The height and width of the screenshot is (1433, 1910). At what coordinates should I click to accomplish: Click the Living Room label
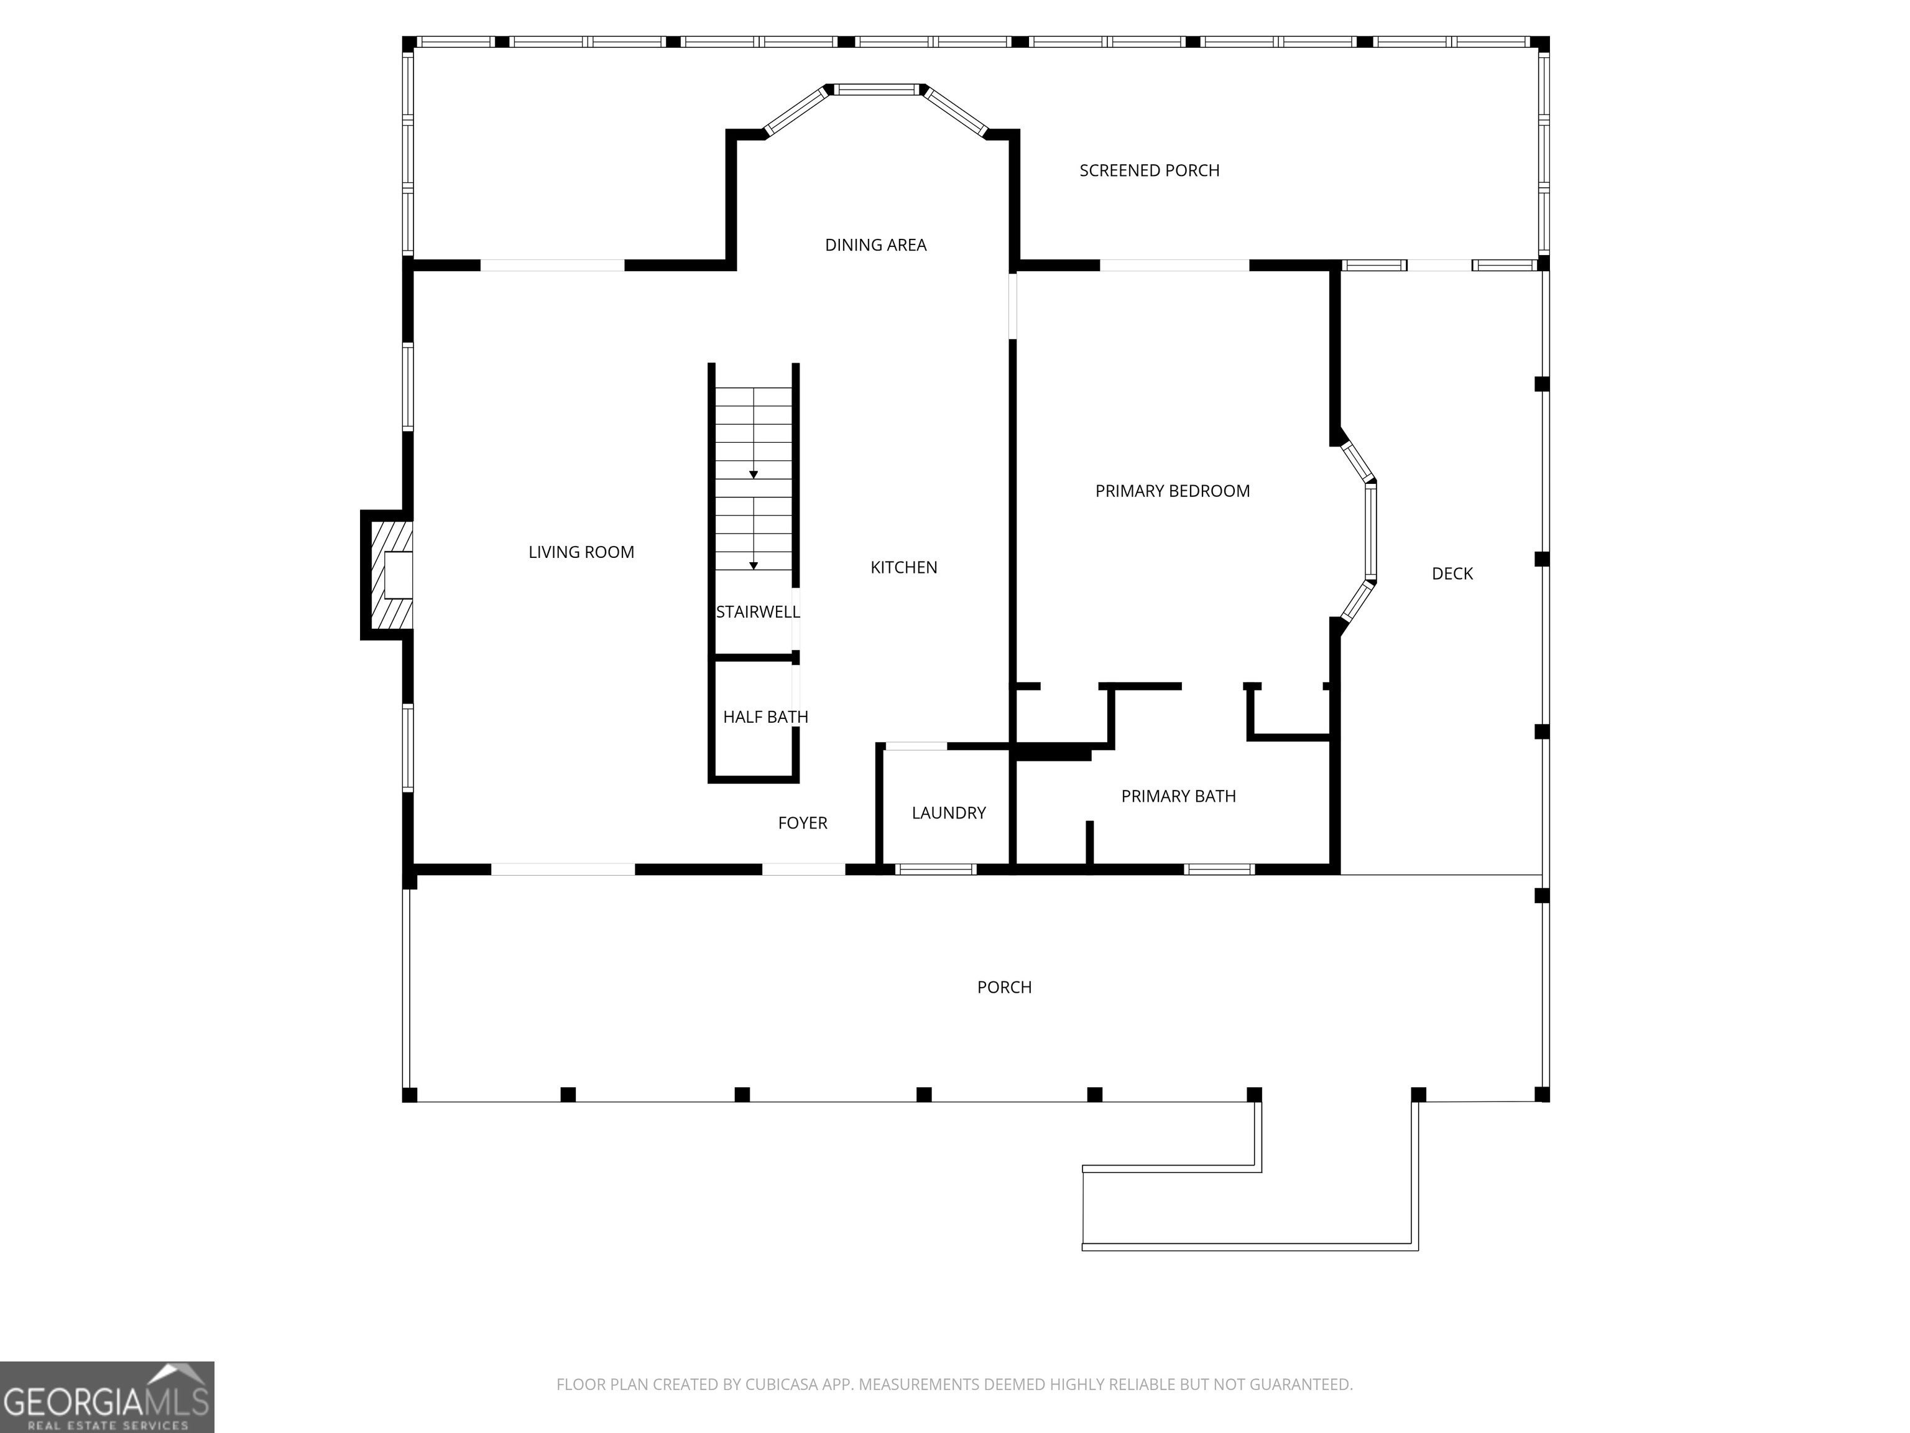pos(581,552)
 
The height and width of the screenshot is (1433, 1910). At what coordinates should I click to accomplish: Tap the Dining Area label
pos(875,245)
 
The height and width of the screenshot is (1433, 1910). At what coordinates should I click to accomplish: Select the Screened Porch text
pos(1149,171)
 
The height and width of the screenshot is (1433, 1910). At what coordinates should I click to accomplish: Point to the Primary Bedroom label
pos(1173,491)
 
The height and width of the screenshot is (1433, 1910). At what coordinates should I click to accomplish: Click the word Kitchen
pos(903,567)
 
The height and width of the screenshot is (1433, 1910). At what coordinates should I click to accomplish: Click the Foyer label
pos(802,823)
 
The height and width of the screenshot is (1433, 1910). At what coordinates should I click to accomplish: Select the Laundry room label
pos(948,813)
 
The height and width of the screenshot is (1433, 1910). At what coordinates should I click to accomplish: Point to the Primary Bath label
pos(1179,796)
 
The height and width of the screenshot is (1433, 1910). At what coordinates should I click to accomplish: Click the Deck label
pos(1452,573)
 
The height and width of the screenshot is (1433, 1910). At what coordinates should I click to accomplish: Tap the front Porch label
pos(1004,987)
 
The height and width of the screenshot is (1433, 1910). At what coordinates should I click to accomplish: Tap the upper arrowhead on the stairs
pos(754,475)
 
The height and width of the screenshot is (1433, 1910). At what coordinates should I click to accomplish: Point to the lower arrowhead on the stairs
pos(754,566)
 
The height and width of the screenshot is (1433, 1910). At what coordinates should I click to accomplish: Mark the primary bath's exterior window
pos(1219,869)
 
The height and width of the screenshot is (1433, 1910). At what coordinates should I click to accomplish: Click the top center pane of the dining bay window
pos(877,89)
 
